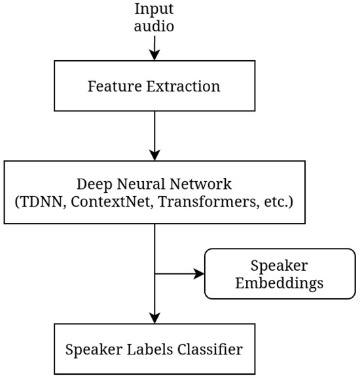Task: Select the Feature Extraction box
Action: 154,86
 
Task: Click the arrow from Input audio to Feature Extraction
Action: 154,49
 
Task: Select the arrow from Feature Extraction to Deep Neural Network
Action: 154,135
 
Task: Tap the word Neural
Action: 137,184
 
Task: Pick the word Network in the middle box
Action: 194,184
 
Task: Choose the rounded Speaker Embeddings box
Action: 280,274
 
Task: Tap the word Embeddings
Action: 280,284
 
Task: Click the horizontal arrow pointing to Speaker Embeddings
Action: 179,274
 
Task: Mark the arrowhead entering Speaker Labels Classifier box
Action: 154,317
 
